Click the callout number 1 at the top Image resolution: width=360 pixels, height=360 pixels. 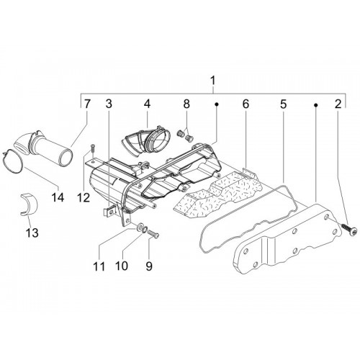tap(212, 81)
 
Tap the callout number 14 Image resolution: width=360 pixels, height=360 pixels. tap(58, 198)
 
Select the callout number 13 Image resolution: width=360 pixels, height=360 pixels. tap(32, 233)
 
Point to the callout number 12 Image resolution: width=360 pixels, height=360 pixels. tap(83, 198)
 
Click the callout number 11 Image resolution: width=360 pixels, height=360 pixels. tap(99, 266)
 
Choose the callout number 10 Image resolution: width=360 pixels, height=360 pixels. tap(122, 266)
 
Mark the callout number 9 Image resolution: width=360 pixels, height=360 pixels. tap(149, 266)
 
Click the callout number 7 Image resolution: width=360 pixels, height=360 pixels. tap(86, 104)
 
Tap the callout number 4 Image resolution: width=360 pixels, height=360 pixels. tap(147, 104)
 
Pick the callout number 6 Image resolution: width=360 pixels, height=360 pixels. tap(246, 104)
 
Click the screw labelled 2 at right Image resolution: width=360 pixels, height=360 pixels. tap(349, 228)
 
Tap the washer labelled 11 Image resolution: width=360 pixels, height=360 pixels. tap(140, 227)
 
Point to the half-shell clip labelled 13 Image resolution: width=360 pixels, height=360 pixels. tap(28, 204)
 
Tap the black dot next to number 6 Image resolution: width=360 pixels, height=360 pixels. tap(217, 104)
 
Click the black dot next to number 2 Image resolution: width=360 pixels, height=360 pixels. tap(316, 105)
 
